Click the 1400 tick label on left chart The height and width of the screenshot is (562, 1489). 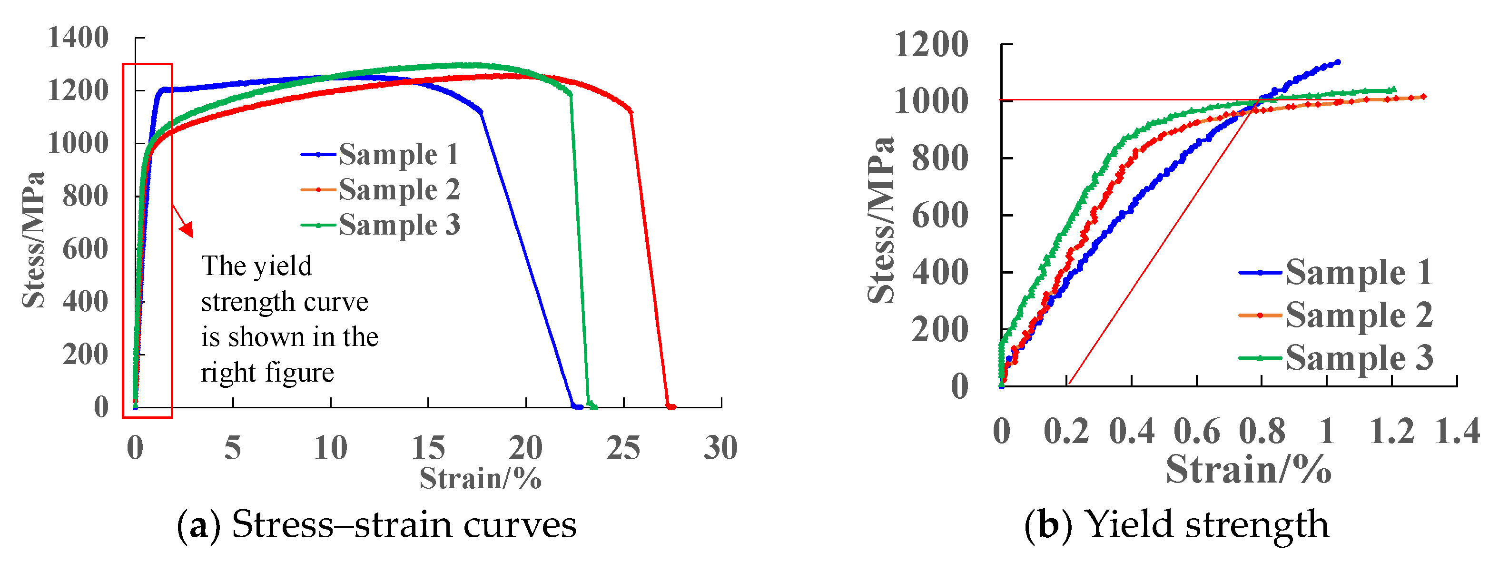point(78,38)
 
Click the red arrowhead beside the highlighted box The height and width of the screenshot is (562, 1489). point(187,230)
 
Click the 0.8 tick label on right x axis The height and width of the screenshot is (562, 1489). point(1262,431)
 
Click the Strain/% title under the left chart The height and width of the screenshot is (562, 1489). point(480,478)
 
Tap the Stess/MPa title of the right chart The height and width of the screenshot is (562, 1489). point(881,220)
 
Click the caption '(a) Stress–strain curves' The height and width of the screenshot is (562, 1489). point(376,525)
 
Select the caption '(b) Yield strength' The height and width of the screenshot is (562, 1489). point(1177,525)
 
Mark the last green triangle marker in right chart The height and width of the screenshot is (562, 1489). point(1394,89)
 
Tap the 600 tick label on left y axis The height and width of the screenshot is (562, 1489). point(86,249)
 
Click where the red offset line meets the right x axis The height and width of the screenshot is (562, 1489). point(1069,384)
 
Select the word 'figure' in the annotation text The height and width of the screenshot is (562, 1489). point(305,372)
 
